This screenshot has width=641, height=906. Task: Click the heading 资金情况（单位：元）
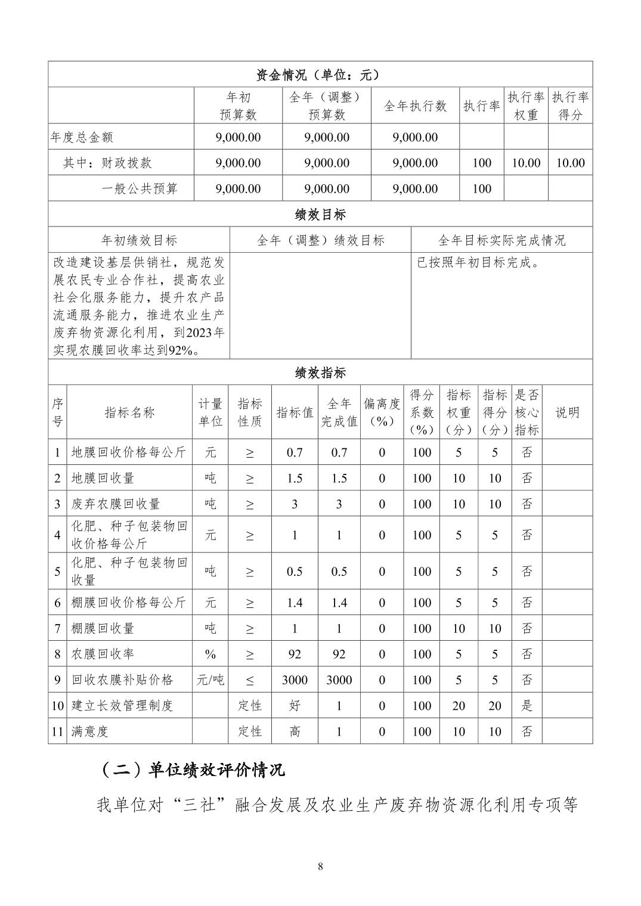[x=320, y=75]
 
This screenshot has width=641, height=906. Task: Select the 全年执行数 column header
[x=415, y=106]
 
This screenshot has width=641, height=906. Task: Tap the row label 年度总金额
[x=82, y=137]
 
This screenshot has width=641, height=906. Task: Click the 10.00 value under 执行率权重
[x=526, y=163]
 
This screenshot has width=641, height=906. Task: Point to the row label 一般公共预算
[x=140, y=189]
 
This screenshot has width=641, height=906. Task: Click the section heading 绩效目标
[x=320, y=215]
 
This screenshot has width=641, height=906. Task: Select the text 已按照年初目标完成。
[x=478, y=262]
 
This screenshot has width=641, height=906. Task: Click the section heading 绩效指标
[x=320, y=373]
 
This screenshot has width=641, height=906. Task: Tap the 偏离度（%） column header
[x=382, y=412]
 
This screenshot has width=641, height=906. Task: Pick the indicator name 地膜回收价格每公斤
[x=129, y=452]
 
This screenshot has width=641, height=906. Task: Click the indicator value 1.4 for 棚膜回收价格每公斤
[x=295, y=603]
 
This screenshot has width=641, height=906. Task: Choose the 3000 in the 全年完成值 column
[x=339, y=680]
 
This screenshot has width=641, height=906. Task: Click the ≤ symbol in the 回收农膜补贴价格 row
[x=249, y=680]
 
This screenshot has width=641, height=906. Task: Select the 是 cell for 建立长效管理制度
[x=527, y=706]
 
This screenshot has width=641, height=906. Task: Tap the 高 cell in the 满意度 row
[x=295, y=731]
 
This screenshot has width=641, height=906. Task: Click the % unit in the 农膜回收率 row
[x=210, y=654]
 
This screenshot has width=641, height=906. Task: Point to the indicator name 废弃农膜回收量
[x=116, y=504]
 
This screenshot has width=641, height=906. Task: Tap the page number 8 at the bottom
[x=320, y=867]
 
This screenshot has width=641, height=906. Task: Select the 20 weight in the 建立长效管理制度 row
[x=459, y=706]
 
